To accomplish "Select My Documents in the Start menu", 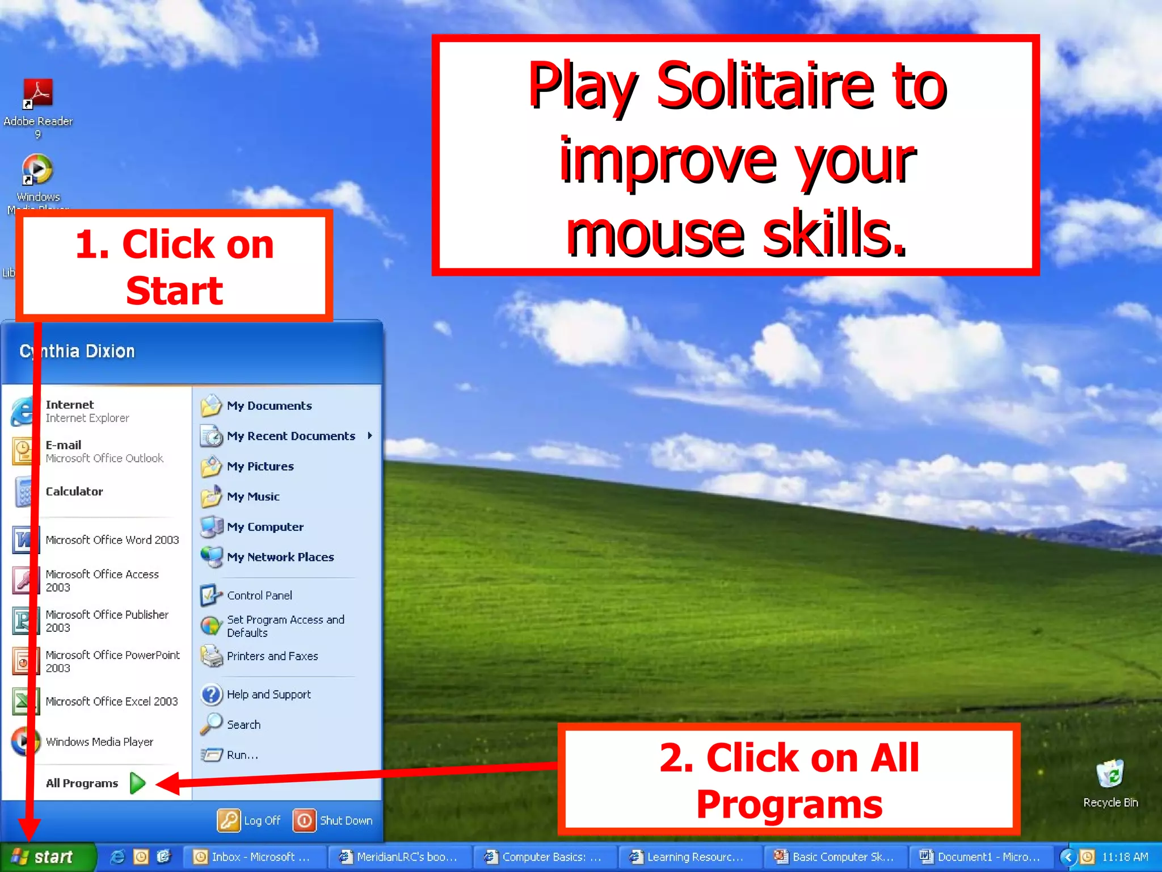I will (269, 406).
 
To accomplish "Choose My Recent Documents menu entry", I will (290, 436).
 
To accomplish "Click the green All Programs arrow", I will (138, 783).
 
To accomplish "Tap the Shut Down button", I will (334, 821).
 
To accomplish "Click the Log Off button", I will (250, 821).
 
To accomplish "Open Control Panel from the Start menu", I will (259, 596).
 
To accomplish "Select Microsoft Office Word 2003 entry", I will (112, 540).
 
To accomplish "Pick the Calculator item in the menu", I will (74, 492).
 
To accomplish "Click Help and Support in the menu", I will (268, 695).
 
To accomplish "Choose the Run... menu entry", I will (242, 755).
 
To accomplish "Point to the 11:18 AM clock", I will (1124, 857).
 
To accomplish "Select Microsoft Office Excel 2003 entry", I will (111, 702).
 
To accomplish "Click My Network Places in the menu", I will (280, 557).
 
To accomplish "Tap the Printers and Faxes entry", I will (272, 656).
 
